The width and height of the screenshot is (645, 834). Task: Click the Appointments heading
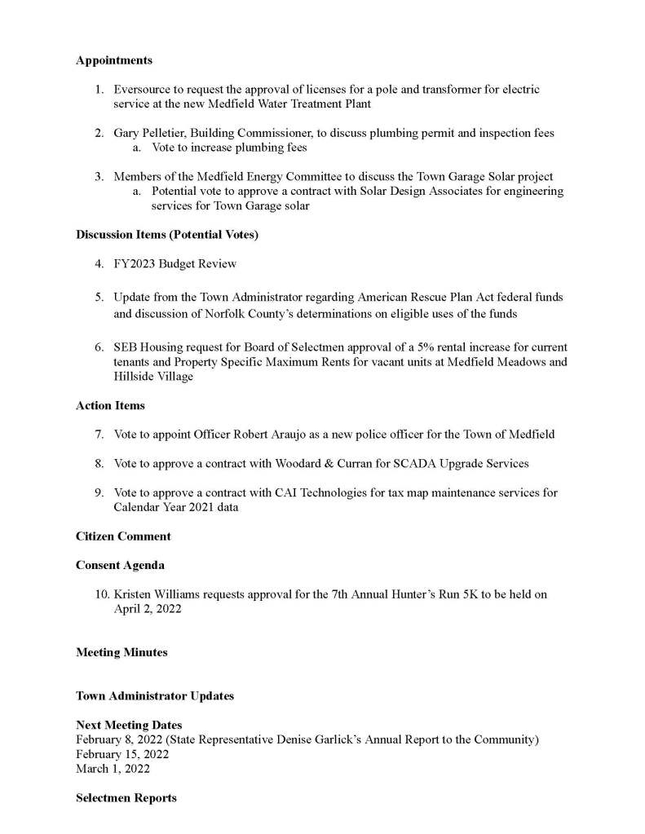(x=113, y=60)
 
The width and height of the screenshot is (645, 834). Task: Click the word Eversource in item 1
(x=141, y=90)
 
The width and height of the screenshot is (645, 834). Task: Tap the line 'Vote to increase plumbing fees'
(x=229, y=148)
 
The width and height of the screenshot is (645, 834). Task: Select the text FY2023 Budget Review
(x=175, y=264)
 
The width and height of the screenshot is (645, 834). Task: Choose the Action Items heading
(x=110, y=405)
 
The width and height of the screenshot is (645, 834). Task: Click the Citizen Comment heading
(x=123, y=536)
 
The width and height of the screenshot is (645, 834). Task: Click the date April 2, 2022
(x=148, y=609)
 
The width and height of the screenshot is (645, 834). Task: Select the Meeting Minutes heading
(x=121, y=652)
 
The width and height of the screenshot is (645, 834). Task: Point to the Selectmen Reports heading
(x=126, y=798)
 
